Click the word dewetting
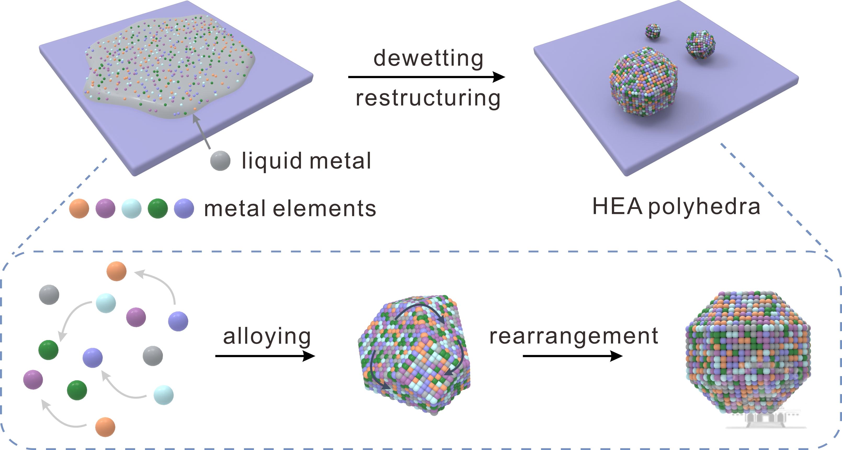click(428, 58)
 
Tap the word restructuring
click(428, 98)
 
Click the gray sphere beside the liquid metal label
click(220, 161)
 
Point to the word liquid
click(271, 161)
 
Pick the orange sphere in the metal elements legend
click(79, 208)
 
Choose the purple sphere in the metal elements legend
click(105, 208)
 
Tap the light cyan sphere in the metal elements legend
click(131, 208)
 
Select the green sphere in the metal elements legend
click(157, 208)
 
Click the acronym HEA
click(617, 206)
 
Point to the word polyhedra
click(704, 207)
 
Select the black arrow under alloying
click(265, 356)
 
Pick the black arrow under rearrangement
click(572, 356)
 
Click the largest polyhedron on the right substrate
click(643, 82)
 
